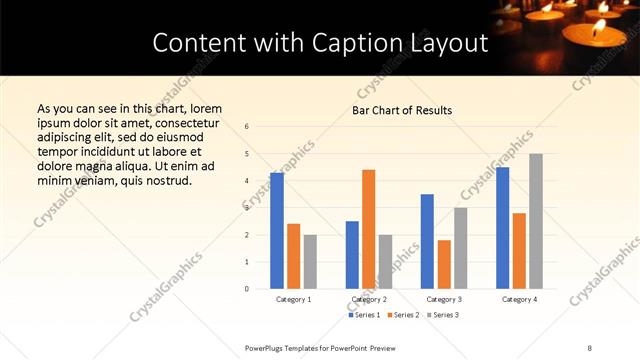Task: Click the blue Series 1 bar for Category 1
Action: coord(277,231)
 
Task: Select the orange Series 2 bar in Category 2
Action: coord(368,229)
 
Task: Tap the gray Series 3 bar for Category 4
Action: coord(536,221)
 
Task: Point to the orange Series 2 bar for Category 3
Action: coord(444,264)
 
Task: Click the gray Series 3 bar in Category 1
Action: coord(310,262)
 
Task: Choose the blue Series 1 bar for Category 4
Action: coord(502,228)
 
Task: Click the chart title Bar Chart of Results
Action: coord(402,110)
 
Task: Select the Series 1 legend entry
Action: coord(364,315)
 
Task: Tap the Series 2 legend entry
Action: coord(402,315)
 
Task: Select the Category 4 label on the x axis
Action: coord(519,299)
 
